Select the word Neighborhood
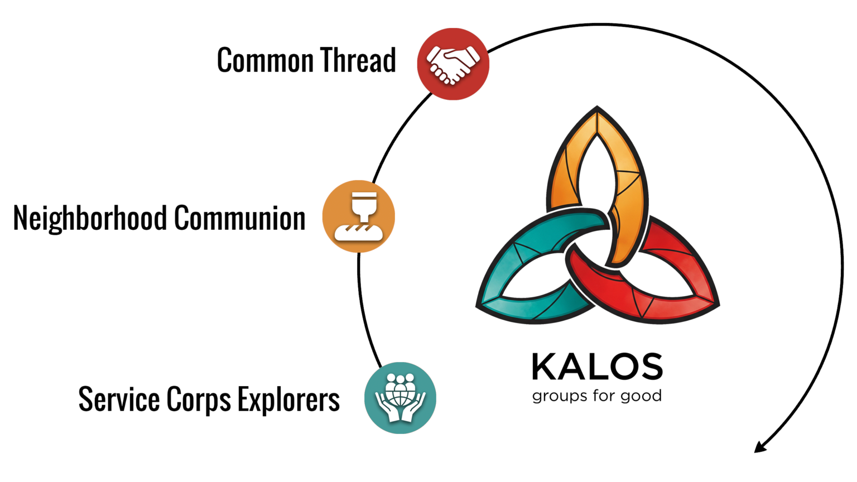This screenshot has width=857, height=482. (x=90, y=218)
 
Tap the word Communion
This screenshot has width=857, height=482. (x=240, y=218)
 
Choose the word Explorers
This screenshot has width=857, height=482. (x=289, y=399)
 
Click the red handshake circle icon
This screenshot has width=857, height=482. (x=452, y=64)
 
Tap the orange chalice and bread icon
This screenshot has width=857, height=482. (x=359, y=216)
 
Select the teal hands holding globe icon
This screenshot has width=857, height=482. (x=400, y=397)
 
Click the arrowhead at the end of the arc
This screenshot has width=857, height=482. (x=759, y=447)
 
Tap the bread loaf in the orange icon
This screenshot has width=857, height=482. (x=359, y=232)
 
